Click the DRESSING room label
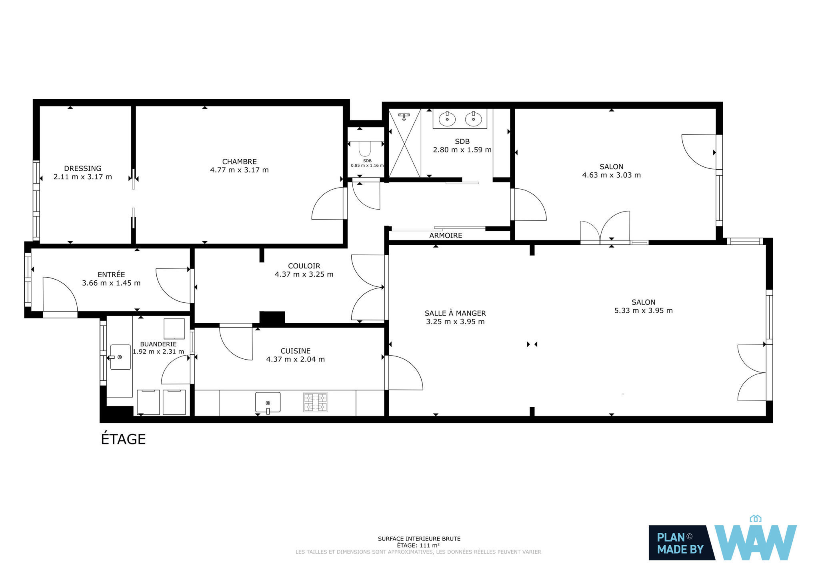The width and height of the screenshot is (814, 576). (x=83, y=168)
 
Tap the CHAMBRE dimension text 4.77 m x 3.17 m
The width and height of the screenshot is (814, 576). (x=239, y=170)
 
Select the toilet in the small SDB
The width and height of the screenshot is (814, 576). (x=365, y=148)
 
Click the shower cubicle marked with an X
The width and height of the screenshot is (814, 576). (x=405, y=143)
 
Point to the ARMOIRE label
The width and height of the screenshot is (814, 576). (x=446, y=236)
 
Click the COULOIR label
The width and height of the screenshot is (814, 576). (x=304, y=266)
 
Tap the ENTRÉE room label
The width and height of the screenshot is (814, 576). (x=111, y=274)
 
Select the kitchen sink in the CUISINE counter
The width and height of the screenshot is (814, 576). (x=268, y=402)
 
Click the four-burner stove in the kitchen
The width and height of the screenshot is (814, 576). (x=316, y=402)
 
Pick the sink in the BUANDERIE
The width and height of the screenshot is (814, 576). (x=120, y=357)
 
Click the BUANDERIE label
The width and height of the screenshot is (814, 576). (x=158, y=344)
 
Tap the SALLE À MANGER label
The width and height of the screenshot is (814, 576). (x=455, y=313)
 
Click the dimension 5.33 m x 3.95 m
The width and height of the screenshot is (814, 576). (x=643, y=310)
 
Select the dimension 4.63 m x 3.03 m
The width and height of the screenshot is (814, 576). (x=611, y=175)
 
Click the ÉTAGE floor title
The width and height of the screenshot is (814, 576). (x=123, y=439)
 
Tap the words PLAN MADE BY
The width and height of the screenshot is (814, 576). (x=680, y=543)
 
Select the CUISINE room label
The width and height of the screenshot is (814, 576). (x=295, y=351)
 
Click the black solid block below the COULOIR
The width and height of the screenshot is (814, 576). (x=272, y=318)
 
